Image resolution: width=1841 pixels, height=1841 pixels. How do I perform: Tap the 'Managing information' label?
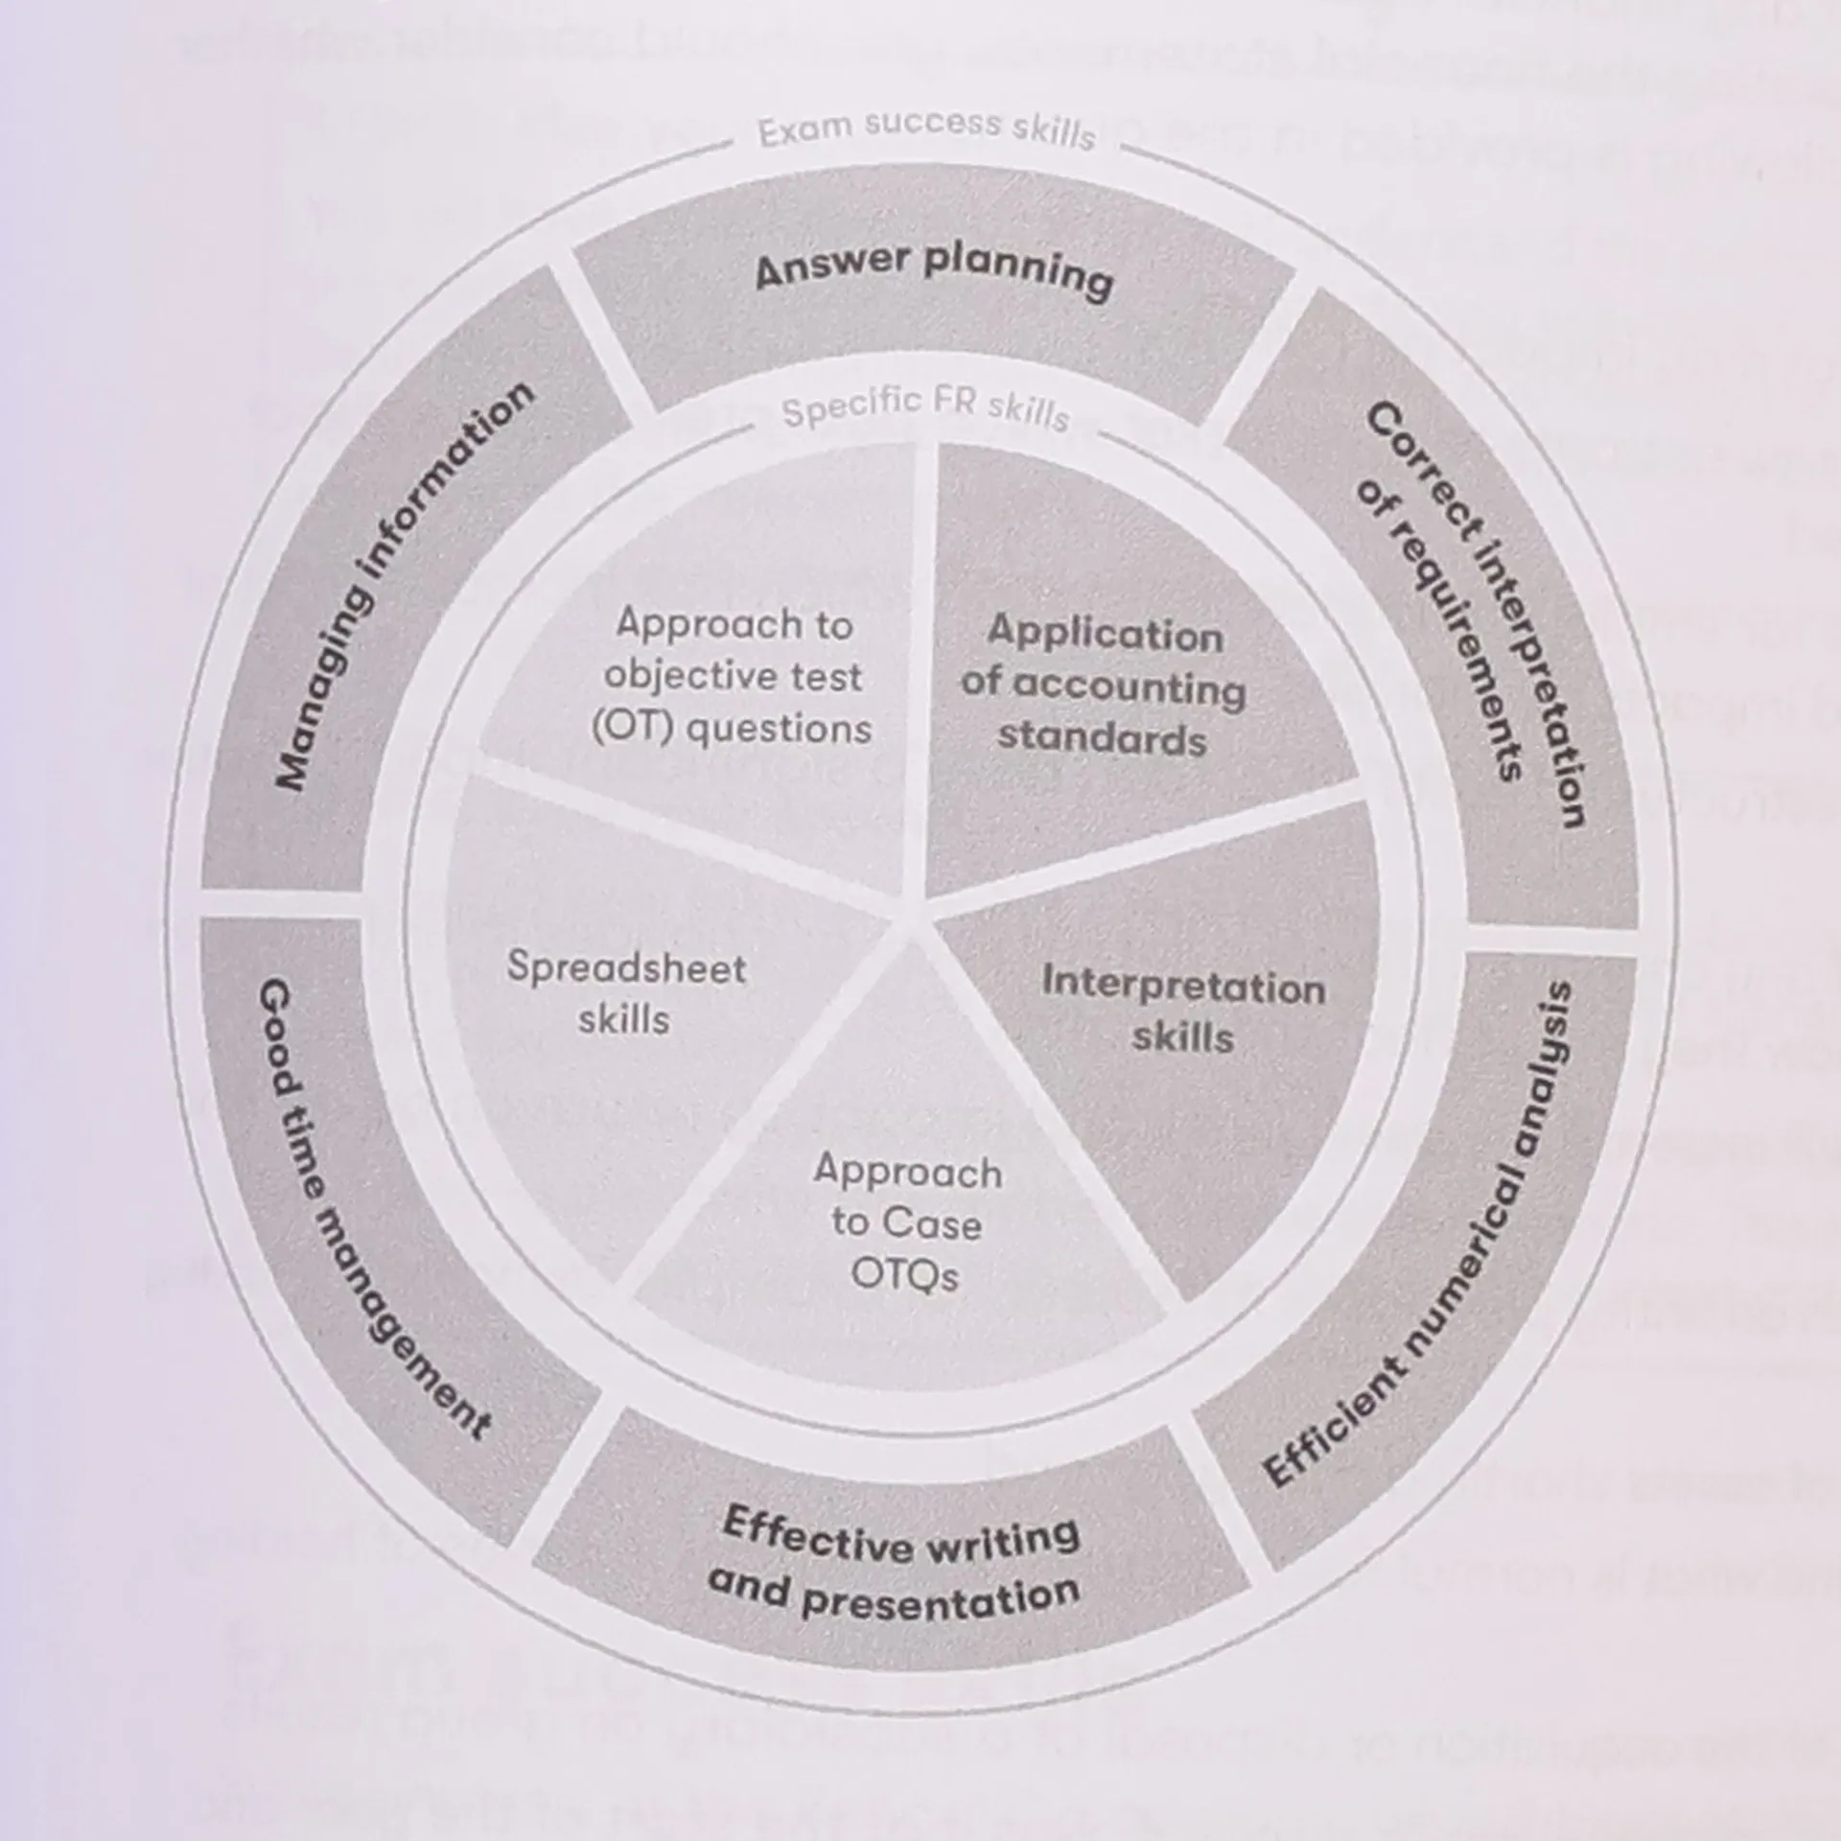(403, 585)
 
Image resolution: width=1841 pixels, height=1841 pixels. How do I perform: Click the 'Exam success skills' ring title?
(926, 129)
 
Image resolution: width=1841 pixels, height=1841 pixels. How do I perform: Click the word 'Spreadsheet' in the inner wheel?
(626, 967)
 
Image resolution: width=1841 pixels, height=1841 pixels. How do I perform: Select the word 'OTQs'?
(904, 1275)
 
